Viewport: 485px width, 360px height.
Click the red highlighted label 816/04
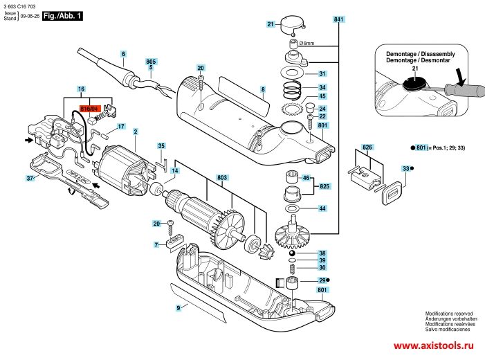91,108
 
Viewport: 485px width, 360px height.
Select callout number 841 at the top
338,21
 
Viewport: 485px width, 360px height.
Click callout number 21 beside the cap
271,24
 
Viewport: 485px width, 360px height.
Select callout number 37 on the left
30,178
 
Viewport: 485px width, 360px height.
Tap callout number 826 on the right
367,147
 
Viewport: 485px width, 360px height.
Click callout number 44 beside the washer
322,208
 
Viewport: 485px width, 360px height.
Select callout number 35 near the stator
161,146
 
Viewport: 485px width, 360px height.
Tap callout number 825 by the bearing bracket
324,187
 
